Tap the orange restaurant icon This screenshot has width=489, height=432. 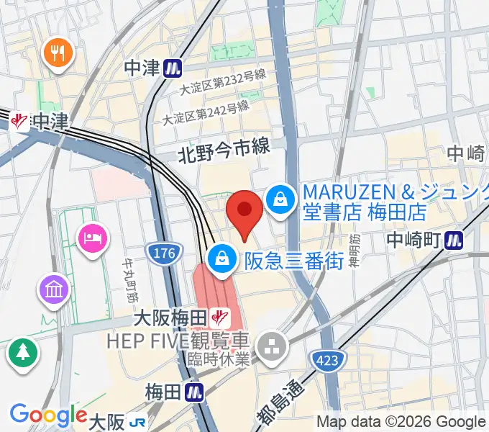(x=55, y=53)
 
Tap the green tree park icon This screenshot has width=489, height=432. (x=22, y=352)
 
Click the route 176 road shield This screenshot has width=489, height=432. (x=161, y=253)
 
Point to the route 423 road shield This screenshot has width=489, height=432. (x=325, y=357)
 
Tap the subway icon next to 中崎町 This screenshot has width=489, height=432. (x=454, y=239)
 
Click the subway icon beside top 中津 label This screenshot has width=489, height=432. (x=172, y=68)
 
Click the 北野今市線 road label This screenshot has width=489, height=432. (x=224, y=149)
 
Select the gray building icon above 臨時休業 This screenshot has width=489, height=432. (x=274, y=346)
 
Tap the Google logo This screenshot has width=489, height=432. (x=48, y=415)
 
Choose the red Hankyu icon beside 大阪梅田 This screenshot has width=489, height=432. (x=220, y=316)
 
